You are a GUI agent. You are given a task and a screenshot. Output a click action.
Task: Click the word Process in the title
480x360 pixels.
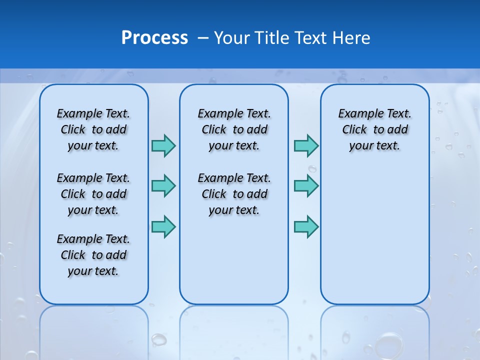point(154,38)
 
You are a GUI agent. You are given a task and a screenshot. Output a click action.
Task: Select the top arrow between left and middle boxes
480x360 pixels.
point(163,145)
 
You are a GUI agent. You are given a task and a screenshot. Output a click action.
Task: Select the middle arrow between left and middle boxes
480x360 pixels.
point(163,186)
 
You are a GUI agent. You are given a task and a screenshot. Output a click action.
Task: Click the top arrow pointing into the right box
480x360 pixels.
point(306,145)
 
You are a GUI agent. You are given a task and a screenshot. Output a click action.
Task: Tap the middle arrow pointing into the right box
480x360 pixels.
point(306,186)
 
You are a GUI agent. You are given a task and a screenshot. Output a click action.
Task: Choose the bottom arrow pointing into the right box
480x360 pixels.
point(306,226)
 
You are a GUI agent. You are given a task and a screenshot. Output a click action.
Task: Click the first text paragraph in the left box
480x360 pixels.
point(93,129)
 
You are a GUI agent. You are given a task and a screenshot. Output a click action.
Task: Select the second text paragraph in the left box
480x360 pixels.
point(93,194)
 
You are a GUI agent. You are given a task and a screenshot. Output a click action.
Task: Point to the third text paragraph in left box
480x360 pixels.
point(93,255)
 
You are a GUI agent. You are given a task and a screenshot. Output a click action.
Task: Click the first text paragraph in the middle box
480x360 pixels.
point(234,129)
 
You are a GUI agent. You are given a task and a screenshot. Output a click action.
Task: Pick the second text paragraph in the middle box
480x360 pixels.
point(234,194)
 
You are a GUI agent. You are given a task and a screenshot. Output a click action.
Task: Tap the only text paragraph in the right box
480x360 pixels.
point(375,129)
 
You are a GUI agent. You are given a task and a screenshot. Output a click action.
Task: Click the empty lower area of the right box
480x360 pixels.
point(375,235)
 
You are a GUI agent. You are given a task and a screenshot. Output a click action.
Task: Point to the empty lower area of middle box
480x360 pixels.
point(234,260)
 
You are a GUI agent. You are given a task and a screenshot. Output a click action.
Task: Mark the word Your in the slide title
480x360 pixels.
point(232,38)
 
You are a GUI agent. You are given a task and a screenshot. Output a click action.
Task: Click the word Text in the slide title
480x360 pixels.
point(312,38)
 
